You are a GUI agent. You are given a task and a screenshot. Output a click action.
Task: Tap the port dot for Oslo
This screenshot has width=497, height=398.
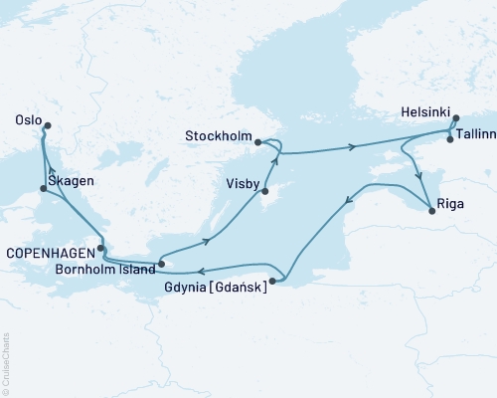click(46, 125)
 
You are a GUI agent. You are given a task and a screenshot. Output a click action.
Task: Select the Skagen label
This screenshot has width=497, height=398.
click(71, 180)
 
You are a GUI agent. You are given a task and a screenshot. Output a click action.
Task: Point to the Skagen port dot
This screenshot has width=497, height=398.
click(42, 188)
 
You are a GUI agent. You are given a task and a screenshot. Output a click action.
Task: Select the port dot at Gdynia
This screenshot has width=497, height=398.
click(272, 282)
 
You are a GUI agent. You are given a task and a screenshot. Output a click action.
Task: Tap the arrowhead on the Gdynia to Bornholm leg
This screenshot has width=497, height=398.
click(200, 271)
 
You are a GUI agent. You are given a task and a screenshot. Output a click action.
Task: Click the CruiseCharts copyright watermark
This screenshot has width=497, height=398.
click(7, 362)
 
